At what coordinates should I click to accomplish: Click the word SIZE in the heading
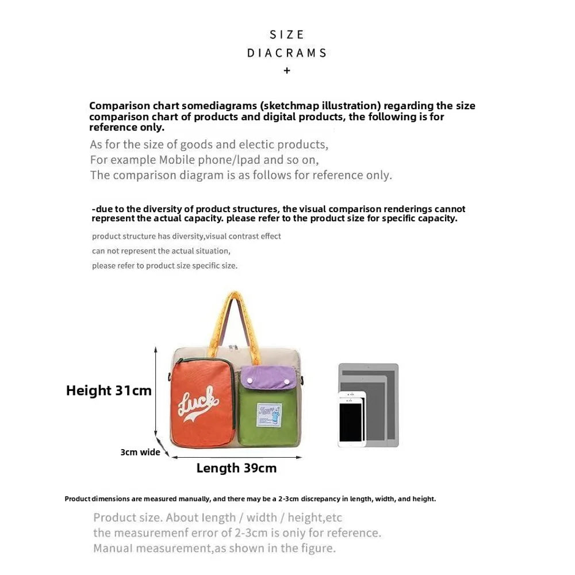[287, 34]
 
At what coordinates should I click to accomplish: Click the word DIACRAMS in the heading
[287, 53]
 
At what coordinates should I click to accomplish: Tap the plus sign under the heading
[287, 71]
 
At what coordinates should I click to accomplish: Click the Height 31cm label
[109, 390]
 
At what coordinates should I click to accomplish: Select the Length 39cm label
[236, 468]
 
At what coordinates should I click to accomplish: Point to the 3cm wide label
[140, 452]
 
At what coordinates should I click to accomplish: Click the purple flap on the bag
[267, 378]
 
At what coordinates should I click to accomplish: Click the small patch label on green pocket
[269, 415]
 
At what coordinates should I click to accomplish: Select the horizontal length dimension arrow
[236, 458]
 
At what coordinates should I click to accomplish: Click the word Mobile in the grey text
[178, 160]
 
